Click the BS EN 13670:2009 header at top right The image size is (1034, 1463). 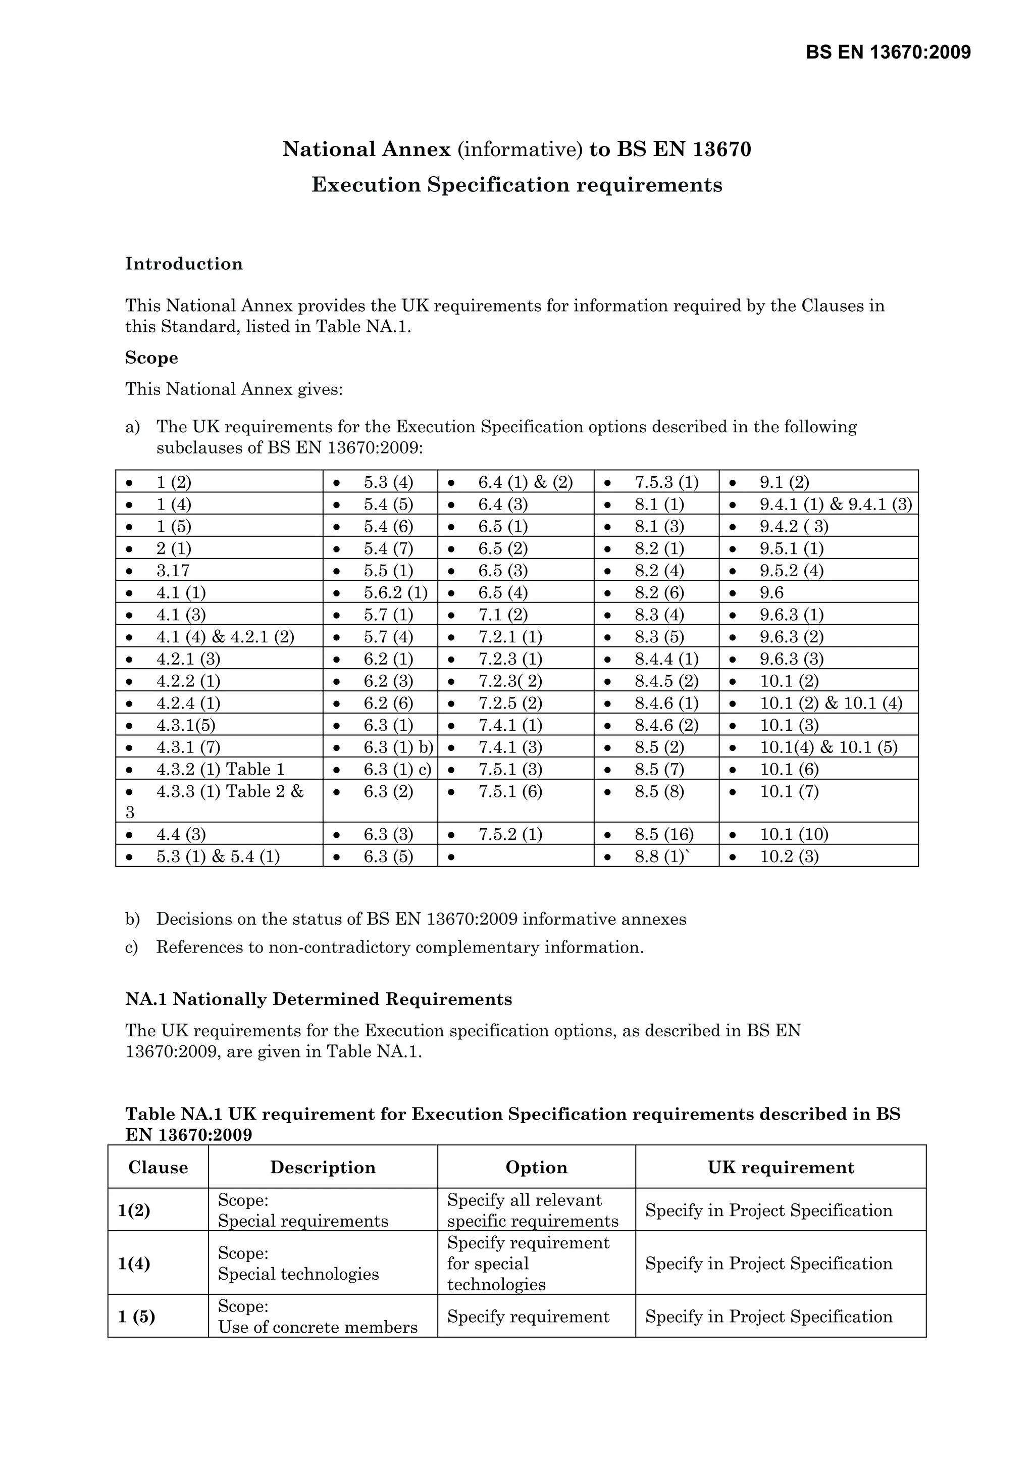[x=888, y=52]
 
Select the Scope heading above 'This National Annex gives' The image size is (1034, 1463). [x=151, y=358]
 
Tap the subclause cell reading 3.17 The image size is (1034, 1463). [x=173, y=570]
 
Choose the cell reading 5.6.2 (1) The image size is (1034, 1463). [x=395, y=592]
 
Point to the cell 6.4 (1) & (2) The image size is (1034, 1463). [x=525, y=482]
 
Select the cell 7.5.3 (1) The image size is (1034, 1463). [x=666, y=482]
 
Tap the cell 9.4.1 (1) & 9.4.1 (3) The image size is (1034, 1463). [x=835, y=505]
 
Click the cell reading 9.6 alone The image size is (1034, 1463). [x=771, y=592]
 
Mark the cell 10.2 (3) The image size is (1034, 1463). [x=789, y=856]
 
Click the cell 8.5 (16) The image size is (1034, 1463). [x=663, y=834]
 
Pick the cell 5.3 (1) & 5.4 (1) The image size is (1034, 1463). [x=218, y=856]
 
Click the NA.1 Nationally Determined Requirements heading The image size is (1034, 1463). [x=319, y=999]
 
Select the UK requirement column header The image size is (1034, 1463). [x=781, y=1168]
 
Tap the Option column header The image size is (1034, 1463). [x=536, y=1168]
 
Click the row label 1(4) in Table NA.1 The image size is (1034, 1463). [x=134, y=1264]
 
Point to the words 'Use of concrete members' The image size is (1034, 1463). [x=317, y=1327]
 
